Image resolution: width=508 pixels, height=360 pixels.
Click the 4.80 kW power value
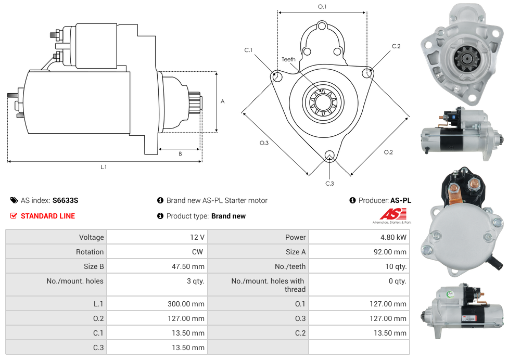coord(394,237)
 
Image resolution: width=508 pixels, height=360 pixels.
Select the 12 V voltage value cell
coord(197,237)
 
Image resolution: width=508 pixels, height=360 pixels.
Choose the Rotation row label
coord(90,252)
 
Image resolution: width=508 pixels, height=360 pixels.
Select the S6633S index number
coord(65,200)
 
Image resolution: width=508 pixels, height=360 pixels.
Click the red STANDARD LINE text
coord(47,216)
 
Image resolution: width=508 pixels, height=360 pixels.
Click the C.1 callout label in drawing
coord(248,50)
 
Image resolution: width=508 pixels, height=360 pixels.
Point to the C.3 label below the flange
coord(329,184)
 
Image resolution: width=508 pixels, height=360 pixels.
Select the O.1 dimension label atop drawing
coord(322,7)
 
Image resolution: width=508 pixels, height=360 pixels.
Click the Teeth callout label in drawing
coord(288,59)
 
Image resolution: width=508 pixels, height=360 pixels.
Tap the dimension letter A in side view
coord(222,101)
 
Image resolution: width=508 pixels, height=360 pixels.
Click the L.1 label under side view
coord(104,167)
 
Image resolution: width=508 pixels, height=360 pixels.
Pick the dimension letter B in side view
coord(180,154)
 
